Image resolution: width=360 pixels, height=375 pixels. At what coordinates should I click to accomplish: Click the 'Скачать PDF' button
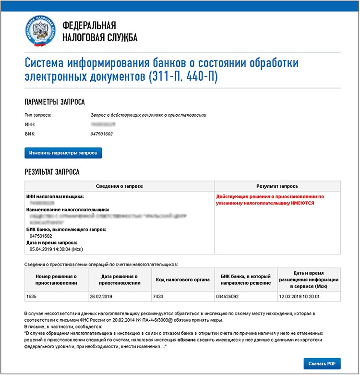322,363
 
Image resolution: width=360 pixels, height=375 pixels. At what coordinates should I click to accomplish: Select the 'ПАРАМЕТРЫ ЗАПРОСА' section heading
54,102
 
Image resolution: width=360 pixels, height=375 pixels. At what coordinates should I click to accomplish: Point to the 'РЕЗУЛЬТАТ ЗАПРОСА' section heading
52,171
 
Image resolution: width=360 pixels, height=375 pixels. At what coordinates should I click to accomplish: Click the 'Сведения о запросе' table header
120,186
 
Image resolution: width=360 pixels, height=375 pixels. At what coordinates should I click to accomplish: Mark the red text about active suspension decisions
270,200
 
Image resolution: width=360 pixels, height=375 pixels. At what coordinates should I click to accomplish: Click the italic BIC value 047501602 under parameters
102,133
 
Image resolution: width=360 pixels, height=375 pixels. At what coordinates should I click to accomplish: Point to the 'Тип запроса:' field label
37,115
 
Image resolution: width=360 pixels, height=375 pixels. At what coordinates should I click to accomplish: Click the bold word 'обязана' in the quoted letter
186,339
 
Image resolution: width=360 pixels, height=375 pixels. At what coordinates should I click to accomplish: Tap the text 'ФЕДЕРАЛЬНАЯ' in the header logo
90,26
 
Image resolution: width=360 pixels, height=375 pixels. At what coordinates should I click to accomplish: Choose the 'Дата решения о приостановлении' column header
120,279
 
